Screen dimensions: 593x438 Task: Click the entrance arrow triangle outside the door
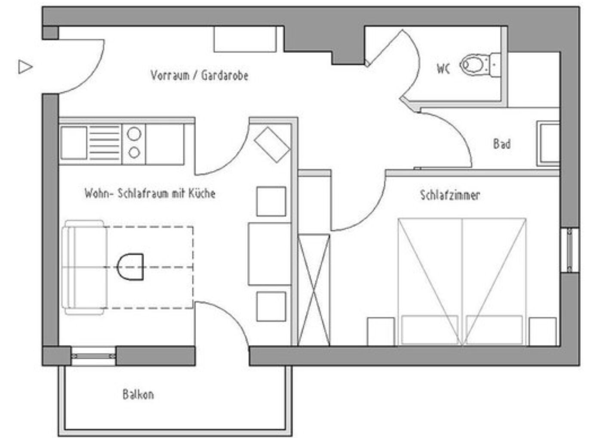point(25,67)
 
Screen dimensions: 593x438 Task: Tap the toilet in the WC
point(480,65)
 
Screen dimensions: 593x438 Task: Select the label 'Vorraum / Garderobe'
point(200,75)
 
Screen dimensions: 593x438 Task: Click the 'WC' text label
point(443,68)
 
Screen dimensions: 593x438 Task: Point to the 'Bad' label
point(502,144)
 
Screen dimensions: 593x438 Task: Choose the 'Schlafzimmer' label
point(450,195)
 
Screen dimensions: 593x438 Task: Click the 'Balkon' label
point(138,395)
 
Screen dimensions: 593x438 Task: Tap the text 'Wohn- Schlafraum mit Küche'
point(150,193)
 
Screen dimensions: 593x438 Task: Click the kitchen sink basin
point(74,143)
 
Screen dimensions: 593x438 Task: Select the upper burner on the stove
point(134,134)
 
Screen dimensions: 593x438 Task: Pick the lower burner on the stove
point(134,153)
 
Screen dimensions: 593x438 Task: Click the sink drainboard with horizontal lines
point(104,143)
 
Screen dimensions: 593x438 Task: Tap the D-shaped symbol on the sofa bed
point(130,267)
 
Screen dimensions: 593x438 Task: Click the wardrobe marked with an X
point(314,290)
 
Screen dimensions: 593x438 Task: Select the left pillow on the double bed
point(430,329)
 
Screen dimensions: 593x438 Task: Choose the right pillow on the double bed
point(494,329)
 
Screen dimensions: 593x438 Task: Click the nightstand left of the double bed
point(381,332)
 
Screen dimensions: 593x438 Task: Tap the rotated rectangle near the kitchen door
point(272,145)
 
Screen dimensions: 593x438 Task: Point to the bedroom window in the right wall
point(569,250)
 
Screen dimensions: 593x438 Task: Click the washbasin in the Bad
point(548,144)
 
